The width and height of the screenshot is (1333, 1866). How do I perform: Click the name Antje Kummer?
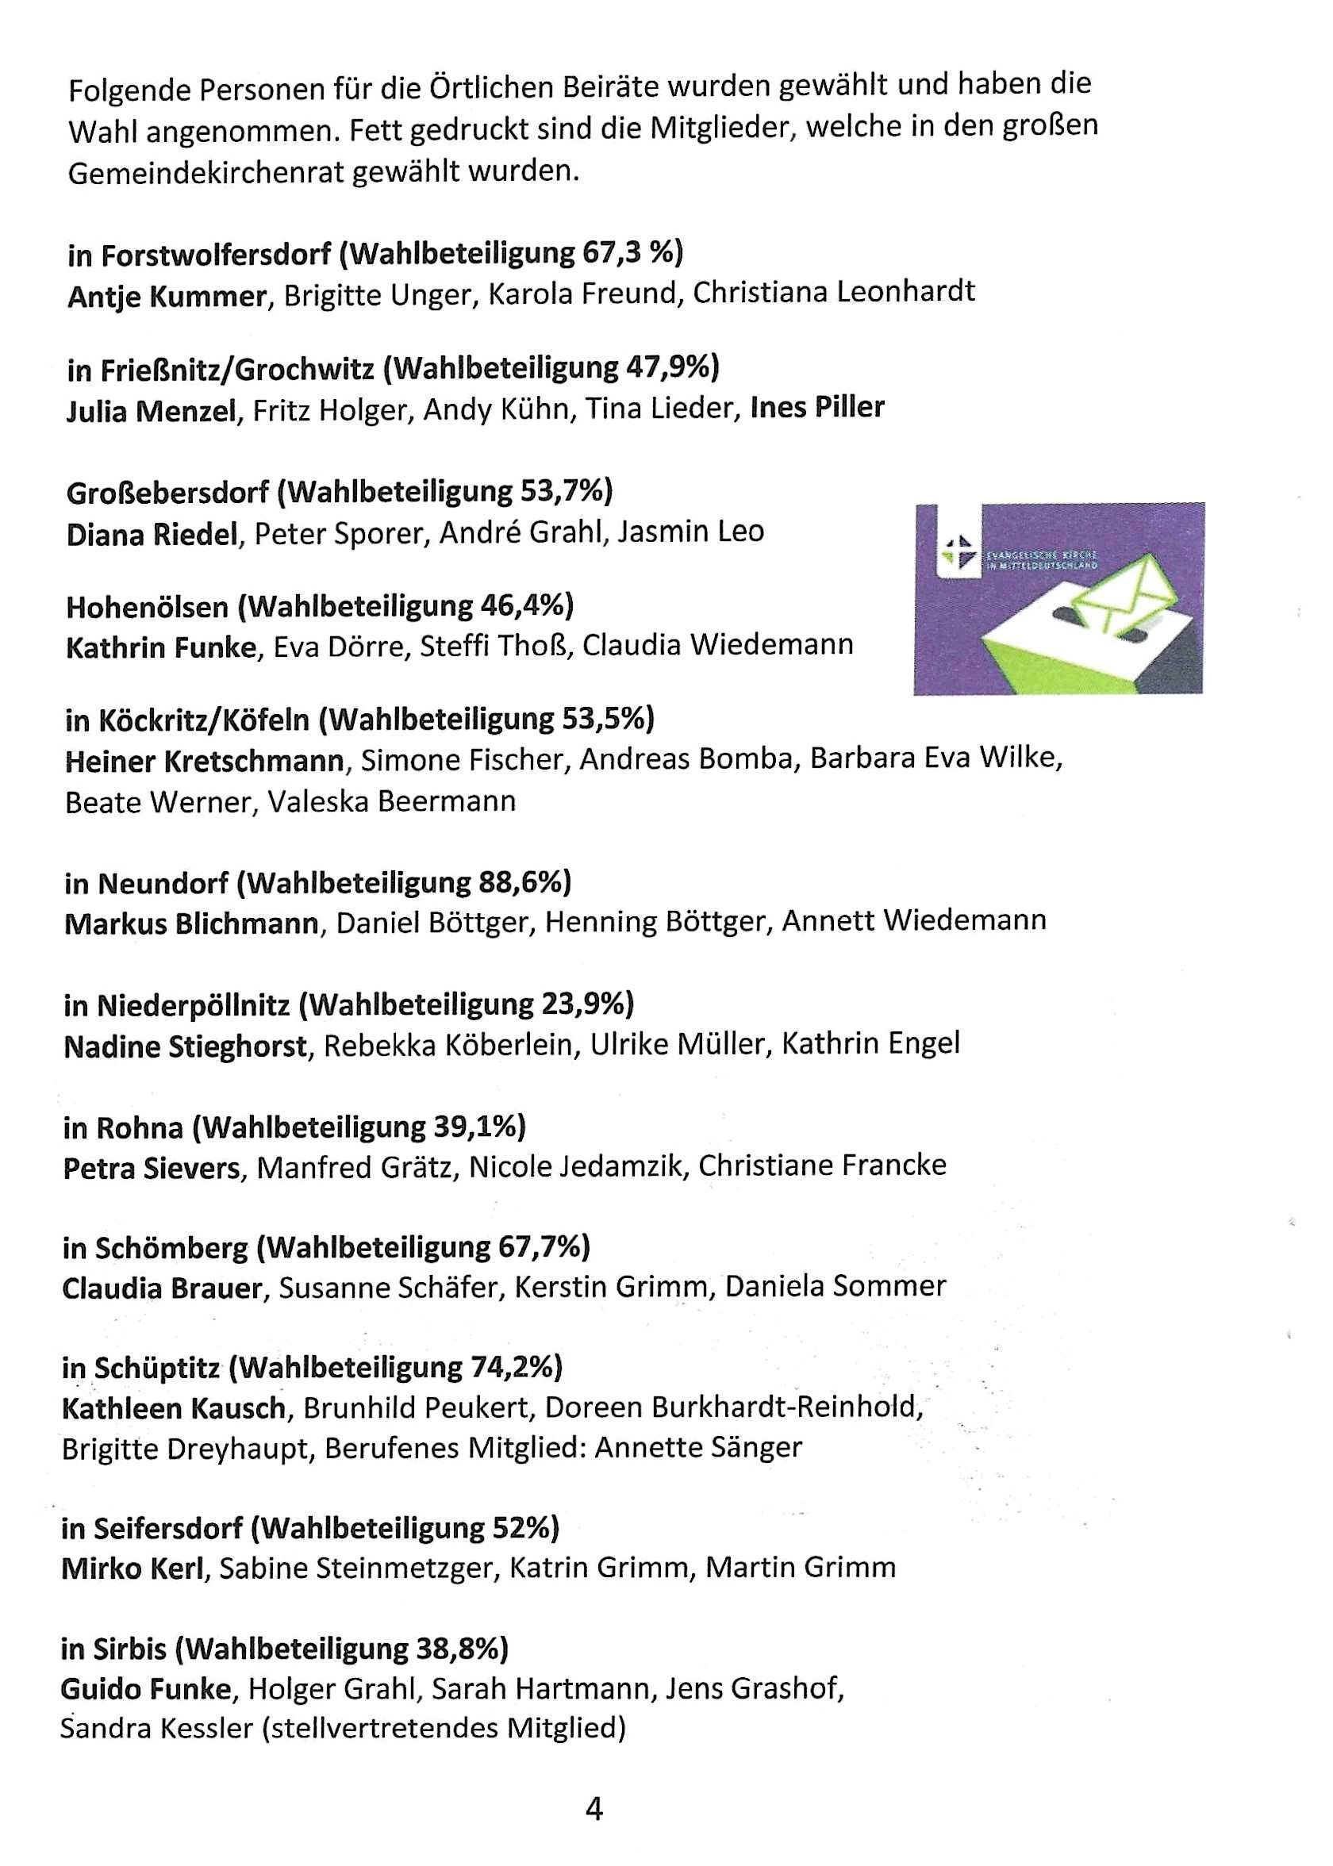(167, 296)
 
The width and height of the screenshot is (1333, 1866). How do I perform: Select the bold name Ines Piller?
(817, 407)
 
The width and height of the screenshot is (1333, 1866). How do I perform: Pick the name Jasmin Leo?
(690, 532)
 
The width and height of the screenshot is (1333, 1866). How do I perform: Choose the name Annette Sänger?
(697, 1446)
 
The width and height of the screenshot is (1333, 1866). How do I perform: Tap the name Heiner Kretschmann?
(205, 761)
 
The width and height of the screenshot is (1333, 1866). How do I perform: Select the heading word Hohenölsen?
(148, 607)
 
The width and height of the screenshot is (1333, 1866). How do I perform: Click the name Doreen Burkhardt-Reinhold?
(734, 1407)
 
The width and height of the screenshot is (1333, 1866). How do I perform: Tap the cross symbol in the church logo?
(956, 550)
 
